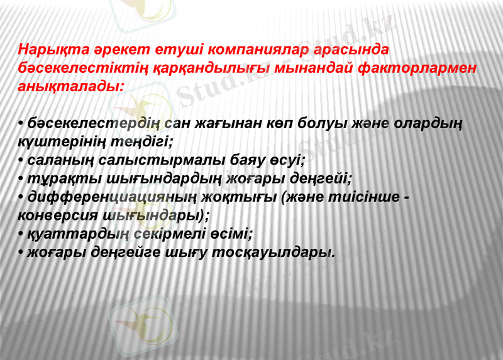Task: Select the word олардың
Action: (x=424, y=124)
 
